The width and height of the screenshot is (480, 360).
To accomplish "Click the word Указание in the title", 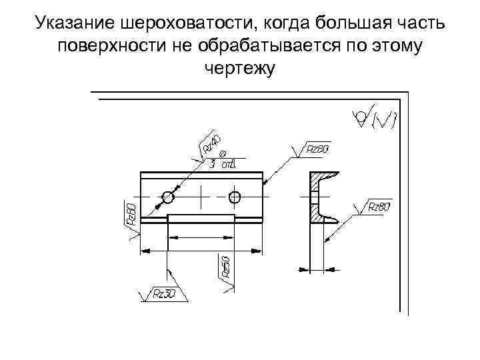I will pos(76,25).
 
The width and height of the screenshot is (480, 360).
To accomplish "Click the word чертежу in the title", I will pos(239,70).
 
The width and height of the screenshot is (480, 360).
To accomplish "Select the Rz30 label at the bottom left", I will pos(163,293).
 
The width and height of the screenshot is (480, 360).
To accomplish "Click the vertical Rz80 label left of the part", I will pos(131,215).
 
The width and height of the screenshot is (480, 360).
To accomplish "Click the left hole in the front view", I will pos(167,197).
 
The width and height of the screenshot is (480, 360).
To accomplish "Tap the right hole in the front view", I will pos(234,197).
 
